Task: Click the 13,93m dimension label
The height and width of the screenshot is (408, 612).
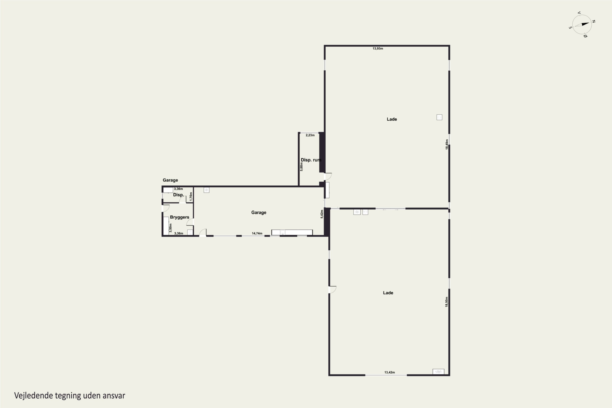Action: pyautogui.click(x=378, y=48)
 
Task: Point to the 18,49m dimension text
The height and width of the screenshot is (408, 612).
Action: pyautogui.click(x=447, y=144)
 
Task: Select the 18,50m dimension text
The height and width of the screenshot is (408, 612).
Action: pyautogui.click(x=447, y=302)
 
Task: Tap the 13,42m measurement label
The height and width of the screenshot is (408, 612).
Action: pyautogui.click(x=389, y=372)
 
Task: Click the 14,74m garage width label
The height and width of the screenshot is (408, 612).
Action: pyautogui.click(x=257, y=233)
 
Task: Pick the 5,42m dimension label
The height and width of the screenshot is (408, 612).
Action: pyautogui.click(x=322, y=214)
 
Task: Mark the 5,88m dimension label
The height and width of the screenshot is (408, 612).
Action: pyautogui.click(x=302, y=166)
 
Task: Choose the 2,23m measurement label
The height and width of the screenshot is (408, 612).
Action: pyautogui.click(x=310, y=135)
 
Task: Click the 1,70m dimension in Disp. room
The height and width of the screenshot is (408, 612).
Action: pyautogui.click(x=191, y=196)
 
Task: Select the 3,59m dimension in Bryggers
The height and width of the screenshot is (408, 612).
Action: pyautogui.click(x=170, y=228)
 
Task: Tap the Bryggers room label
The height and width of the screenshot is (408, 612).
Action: pyautogui.click(x=180, y=217)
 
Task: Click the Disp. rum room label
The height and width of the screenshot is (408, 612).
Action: pyautogui.click(x=311, y=160)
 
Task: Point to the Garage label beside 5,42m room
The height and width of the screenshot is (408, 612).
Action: pyautogui.click(x=259, y=213)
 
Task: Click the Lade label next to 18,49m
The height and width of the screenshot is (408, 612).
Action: pyautogui.click(x=392, y=119)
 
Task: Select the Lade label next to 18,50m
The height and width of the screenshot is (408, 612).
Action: pyautogui.click(x=388, y=293)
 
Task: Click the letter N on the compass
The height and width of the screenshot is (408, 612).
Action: pyautogui.click(x=594, y=21)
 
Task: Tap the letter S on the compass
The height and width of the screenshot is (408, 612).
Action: pyautogui.click(x=570, y=28)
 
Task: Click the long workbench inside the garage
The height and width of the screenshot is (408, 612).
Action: pyautogui.click(x=292, y=232)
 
